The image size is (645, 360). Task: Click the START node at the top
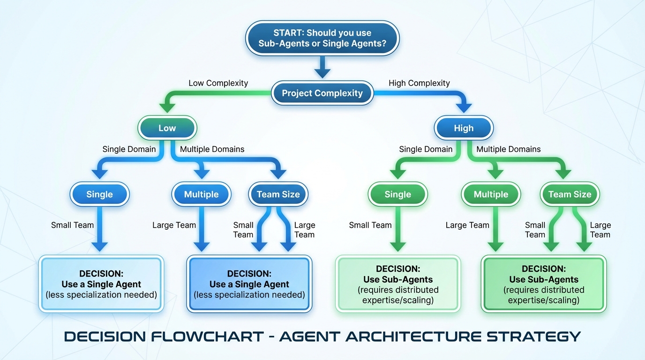click(x=322, y=38)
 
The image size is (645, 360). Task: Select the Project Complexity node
click(x=322, y=93)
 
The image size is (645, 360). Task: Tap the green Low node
click(x=167, y=128)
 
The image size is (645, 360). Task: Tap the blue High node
click(x=463, y=128)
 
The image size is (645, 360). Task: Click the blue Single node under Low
click(x=99, y=194)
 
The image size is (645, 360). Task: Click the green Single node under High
click(x=397, y=194)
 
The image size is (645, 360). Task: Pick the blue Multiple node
click(x=201, y=194)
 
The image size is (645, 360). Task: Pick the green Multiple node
click(x=491, y=194)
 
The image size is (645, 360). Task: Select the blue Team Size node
click(x=278, y=194)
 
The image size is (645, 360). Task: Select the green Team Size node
click(x=570, y=194)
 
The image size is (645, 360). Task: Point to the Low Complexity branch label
click(x=218, y=83)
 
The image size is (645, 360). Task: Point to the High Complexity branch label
click(x=419, y=83)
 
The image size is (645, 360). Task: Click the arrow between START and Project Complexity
click(x=322, y=67)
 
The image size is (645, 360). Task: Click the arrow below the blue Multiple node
click(x=202, y=230)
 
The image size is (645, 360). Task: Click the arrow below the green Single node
click(x=398, y=230)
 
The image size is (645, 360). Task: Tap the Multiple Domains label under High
click(x=508, y=149)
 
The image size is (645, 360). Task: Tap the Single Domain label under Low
click(x=129, y=149)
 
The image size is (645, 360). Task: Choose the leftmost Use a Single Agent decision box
click(x=101, y=284)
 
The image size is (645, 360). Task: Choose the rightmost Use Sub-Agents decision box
click(x=544, y=284)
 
